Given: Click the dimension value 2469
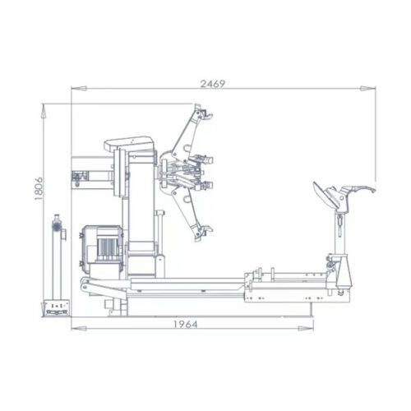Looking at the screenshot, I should click(212, 83).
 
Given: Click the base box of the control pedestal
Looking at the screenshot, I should click(56, 305).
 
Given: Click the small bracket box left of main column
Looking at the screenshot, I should click(81, 176).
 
